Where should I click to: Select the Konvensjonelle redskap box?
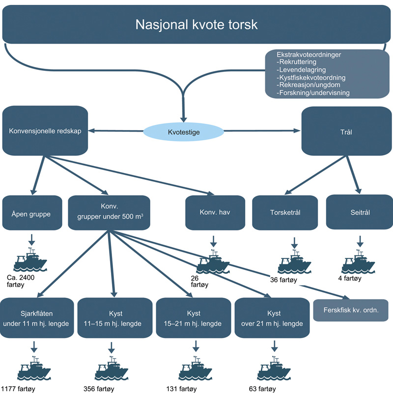click(x=45, y=132)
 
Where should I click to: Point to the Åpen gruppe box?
click(x=32, y=213)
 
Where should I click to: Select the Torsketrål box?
click(x=285, y=213)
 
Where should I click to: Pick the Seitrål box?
click(x=358, y=213)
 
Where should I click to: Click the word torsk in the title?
click(x=238, y=25)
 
